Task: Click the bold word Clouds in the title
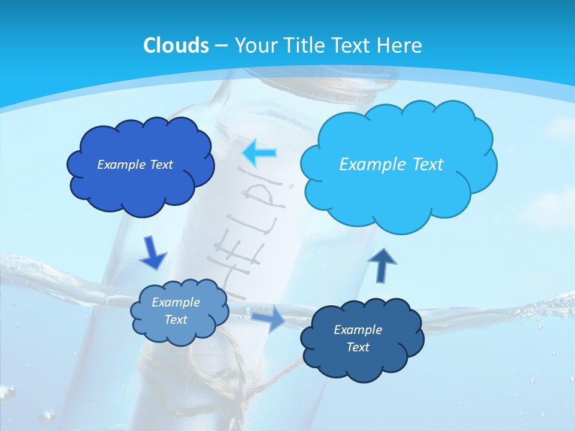176,45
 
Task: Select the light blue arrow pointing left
259,153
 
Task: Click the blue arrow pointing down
152,253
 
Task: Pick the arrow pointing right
268,318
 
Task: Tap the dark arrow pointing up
382,265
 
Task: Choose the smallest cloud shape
178,311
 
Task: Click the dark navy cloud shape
361,338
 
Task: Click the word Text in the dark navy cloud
358,347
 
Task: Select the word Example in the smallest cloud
176,302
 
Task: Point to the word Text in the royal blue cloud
161,165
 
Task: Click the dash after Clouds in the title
220,46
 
